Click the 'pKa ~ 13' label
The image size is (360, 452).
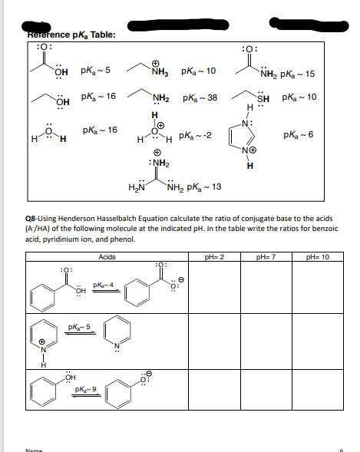pos(205,187)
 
